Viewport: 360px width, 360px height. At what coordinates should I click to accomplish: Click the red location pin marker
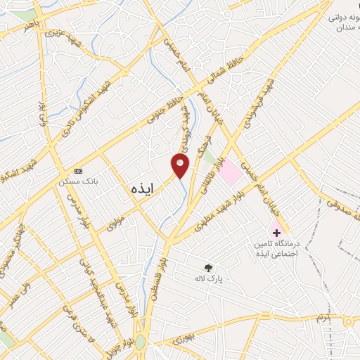point(181,165)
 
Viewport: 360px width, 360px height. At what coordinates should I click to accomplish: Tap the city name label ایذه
point(141,188)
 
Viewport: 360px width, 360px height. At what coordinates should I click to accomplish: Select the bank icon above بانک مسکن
point(78,171)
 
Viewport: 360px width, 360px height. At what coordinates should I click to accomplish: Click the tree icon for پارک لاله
point(207,267)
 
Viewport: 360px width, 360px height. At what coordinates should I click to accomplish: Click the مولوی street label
point(114,224)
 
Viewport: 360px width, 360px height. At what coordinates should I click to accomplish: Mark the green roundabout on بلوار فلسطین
point(141,342)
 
